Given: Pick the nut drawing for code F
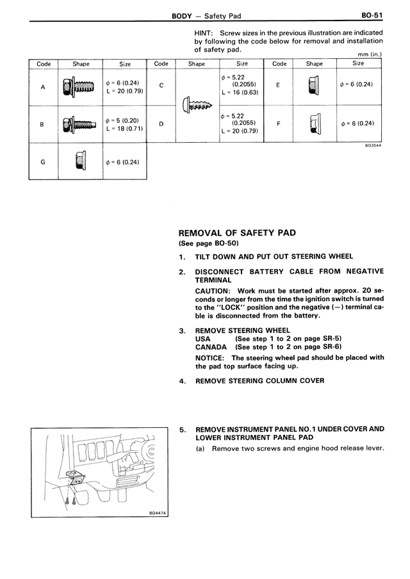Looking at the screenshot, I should (314, 123).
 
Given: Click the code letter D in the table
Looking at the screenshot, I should (161, 124).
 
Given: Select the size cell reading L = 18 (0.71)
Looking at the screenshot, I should (125, 129).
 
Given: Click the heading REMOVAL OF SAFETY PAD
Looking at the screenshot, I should (236, 233).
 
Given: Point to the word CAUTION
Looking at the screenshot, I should (212, 291).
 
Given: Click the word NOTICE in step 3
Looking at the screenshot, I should (210, 358).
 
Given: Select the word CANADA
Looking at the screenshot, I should (211, 347).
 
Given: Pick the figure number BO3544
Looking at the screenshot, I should (373, 145).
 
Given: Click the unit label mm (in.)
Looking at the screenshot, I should (369, 54).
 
